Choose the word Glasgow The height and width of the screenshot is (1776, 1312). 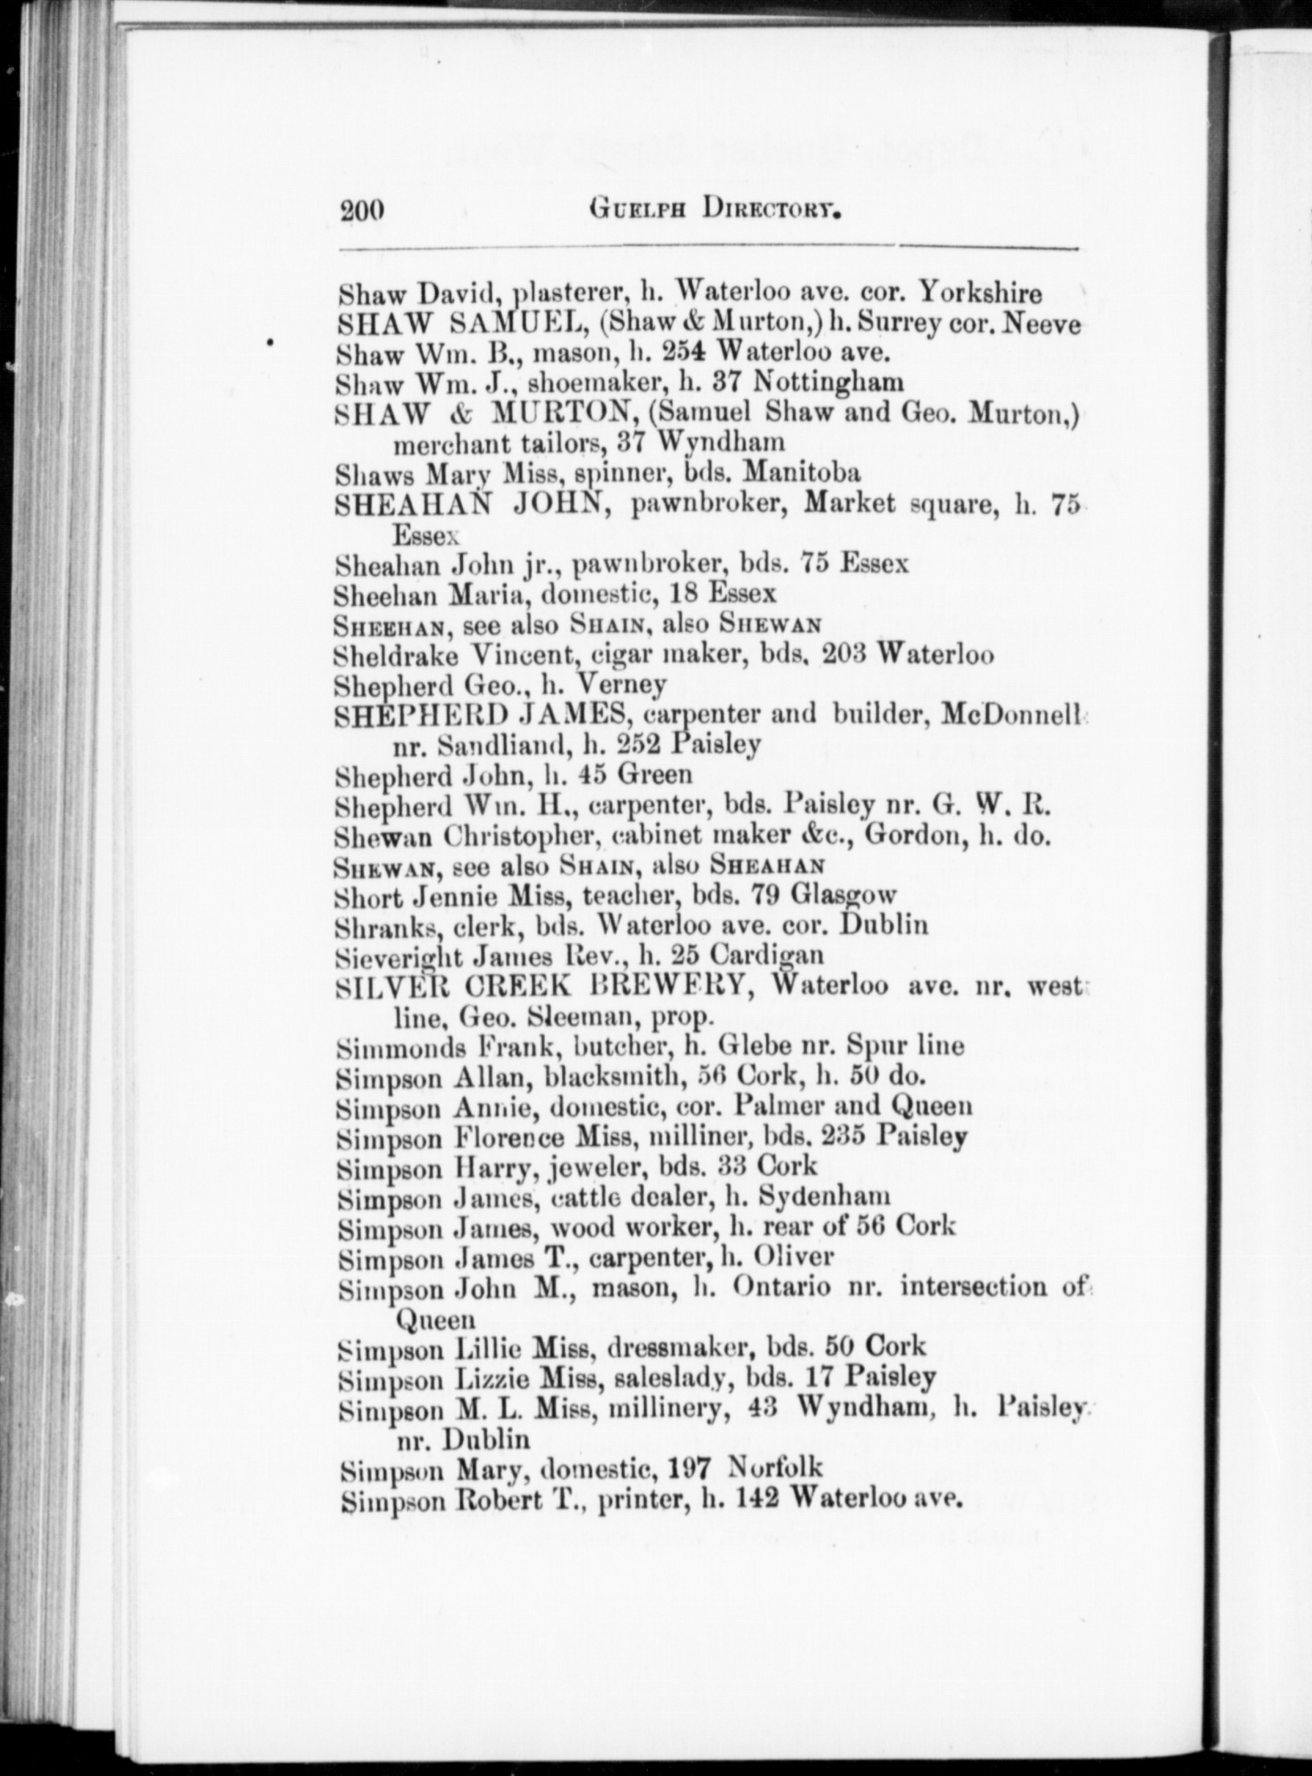843,895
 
